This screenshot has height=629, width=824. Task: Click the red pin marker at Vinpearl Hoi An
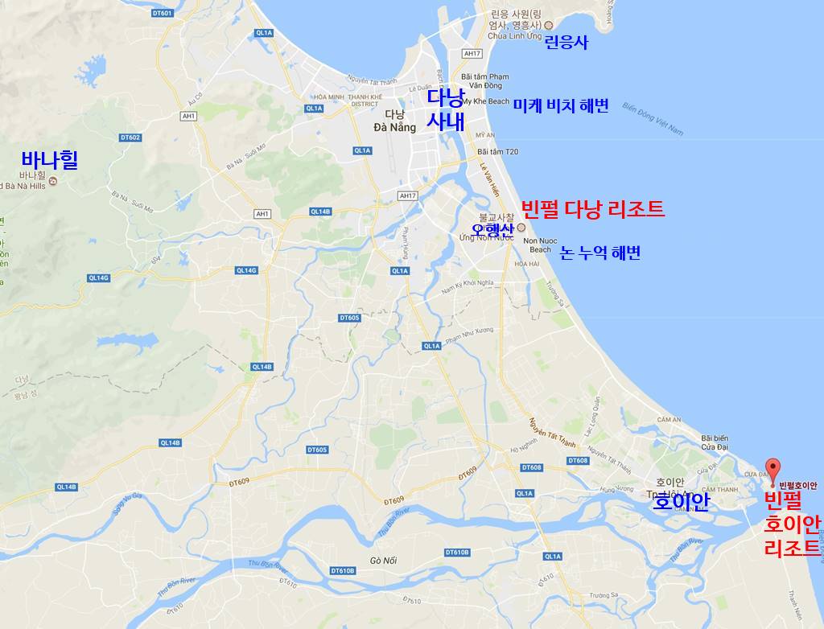772,467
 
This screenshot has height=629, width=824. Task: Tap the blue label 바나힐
50,159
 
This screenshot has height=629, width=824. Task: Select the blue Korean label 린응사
566,42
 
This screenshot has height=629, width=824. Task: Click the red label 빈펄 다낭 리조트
593,209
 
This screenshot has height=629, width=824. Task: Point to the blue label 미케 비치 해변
561,106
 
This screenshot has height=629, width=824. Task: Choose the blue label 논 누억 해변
599,253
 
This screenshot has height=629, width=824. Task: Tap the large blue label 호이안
681,502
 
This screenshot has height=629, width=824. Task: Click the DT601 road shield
162,13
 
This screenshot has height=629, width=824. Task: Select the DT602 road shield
130,138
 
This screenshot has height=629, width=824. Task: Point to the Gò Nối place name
384,559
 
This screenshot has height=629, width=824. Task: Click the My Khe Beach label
485,101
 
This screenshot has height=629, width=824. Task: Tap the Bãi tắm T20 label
498,151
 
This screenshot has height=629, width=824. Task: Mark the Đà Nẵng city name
394,127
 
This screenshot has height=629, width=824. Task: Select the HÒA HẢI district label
527,264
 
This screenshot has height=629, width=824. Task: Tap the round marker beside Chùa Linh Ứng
549,25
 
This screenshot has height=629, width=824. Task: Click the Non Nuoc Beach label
540,245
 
